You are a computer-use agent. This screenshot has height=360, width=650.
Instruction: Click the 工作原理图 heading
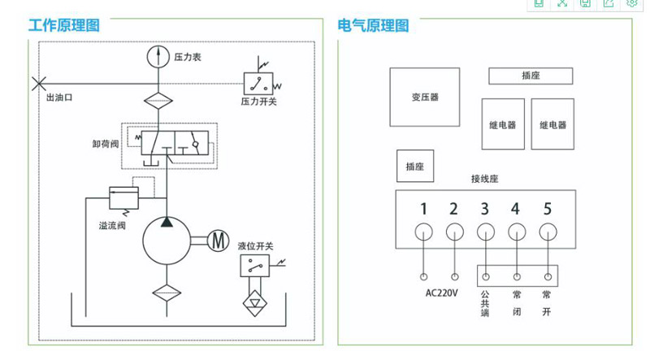coord(64,25)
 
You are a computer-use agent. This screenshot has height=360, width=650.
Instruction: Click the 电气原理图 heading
coord(374,25)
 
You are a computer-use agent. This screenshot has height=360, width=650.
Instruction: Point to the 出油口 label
coord(60,97)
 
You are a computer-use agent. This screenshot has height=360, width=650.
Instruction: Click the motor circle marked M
coord(218,240)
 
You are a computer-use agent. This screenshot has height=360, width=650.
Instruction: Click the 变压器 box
coord(425,97)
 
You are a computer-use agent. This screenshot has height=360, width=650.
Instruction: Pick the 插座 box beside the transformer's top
coord(531,76)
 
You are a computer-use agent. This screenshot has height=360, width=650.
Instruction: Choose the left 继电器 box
coord(502,124)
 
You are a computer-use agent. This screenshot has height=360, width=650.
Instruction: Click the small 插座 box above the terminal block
coord(414,166)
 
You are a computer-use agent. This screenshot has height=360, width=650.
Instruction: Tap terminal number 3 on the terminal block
coord(485,209)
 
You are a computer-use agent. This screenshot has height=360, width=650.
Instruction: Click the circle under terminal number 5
coord(547,232)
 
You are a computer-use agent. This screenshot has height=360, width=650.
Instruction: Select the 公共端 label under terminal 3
coord(485,303)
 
